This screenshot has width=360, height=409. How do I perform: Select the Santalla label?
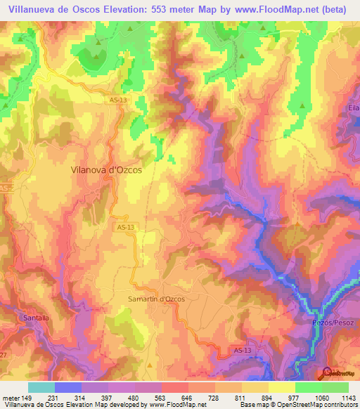click(36, 318)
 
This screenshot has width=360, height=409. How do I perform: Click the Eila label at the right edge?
click(353, 108)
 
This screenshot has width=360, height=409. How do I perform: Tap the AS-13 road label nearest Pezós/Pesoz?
click(240, 349)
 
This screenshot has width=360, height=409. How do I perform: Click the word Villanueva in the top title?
click(31, 9)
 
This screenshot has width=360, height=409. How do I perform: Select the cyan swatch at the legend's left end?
click(41, 387)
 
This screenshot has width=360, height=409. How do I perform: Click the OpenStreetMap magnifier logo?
click(328, 372)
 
